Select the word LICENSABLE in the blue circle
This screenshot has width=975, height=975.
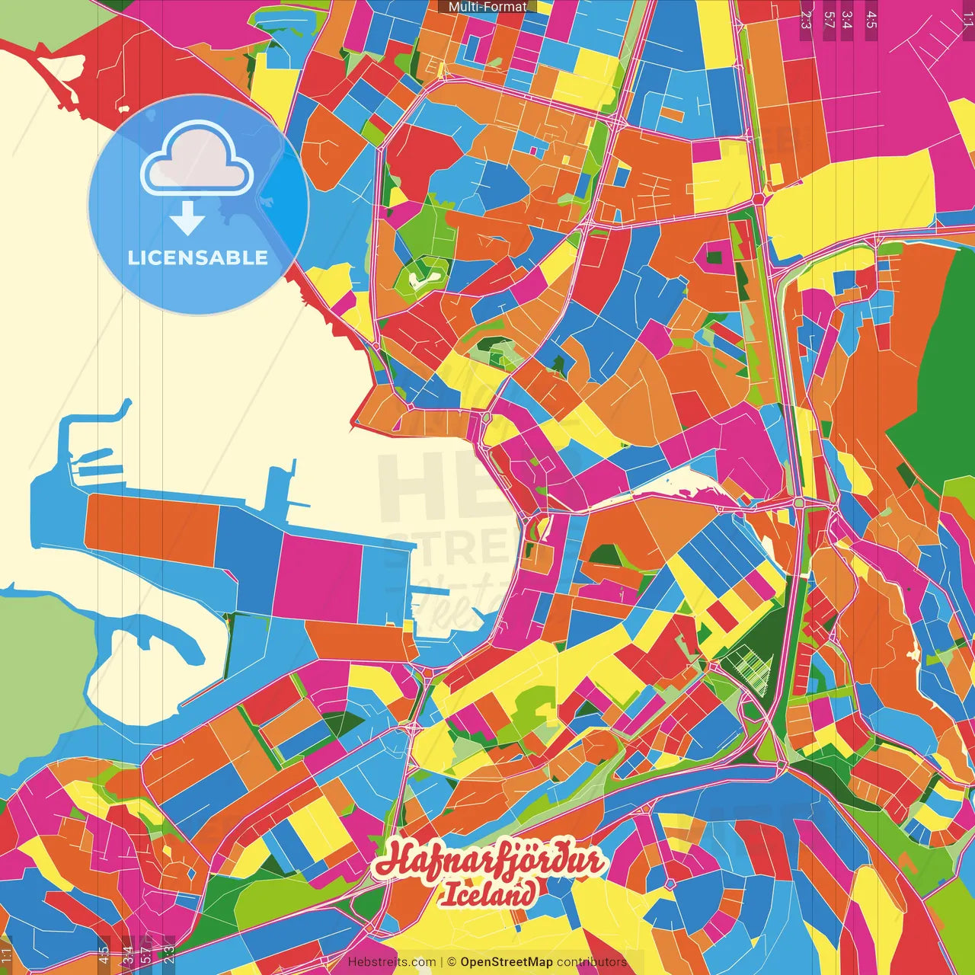(x=197, y=257)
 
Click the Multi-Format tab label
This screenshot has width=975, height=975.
(x=487, y=7)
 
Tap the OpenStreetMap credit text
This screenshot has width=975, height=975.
(x=507, y=962)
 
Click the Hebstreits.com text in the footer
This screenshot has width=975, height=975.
(x=392, y=962)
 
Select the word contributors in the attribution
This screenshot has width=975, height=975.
(x=592, y=962)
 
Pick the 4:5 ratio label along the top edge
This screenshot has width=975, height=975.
(x=871, y=19)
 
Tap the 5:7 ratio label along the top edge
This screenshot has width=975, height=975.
(x=829, y=19)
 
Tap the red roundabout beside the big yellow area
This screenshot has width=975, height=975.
(x=759, y=198)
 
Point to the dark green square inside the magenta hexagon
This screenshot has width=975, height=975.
(x=714, y=257)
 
